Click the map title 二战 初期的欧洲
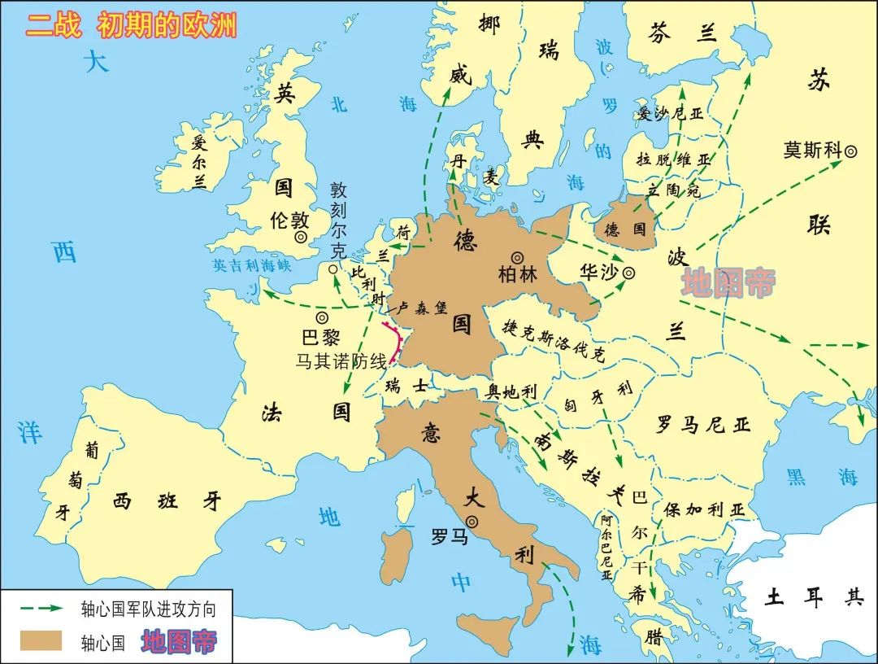tap(131, 25)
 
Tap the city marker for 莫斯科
tap(850, 151)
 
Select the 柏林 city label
tap(518, 274)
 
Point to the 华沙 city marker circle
tap(628, 274)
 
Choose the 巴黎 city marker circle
tap(323, 317)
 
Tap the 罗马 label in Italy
tap(450, 537)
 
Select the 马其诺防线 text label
tap(341, 360)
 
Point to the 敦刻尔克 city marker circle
tap(333, 268)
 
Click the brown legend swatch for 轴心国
tap(41, 640)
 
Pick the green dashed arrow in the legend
tap(41, 608)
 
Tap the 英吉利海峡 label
tap(251, 265)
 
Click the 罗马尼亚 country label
tap(703, 424)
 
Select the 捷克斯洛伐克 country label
tap(554, 339)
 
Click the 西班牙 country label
tap(167, 500)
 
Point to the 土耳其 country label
tap(813, 598)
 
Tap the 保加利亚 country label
tap(704, 509)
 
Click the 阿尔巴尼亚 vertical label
tap(606, 548)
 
